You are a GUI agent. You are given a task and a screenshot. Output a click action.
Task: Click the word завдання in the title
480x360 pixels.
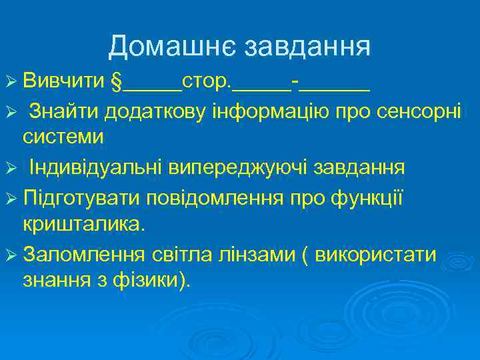[x=307, y=47]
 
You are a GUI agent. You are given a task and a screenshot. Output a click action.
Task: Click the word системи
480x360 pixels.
[x=63, y=137]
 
